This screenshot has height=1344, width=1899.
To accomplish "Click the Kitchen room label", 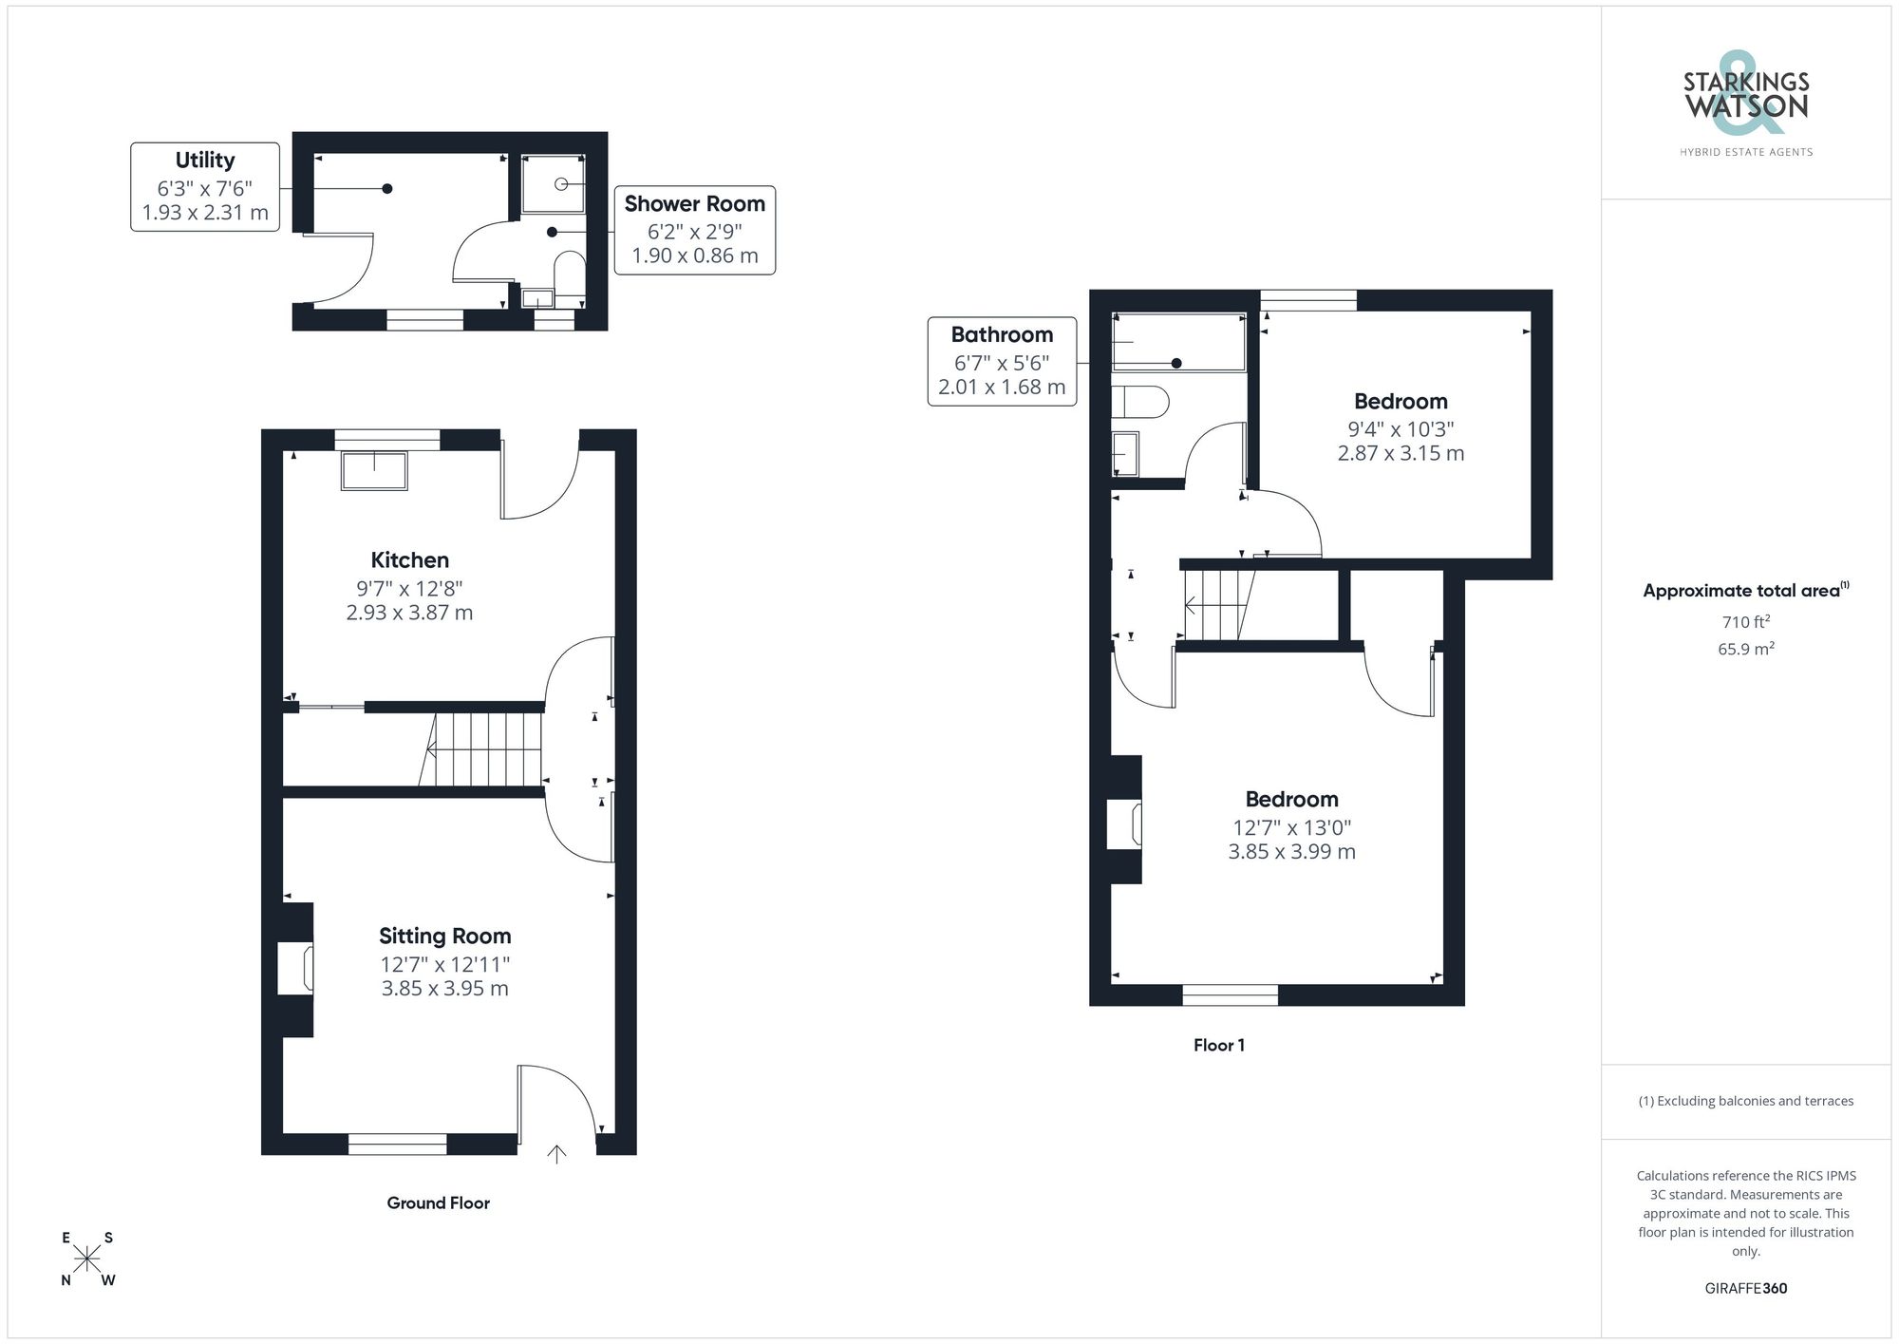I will [x=409, y=559].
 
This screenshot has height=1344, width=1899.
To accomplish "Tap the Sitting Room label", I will [x=444, y=936].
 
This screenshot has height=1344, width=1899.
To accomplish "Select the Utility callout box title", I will [x=204, y=160].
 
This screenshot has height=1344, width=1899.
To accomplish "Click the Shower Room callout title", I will [x=694, y=203].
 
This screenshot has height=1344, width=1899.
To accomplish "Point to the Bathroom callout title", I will [x=1002, y=334].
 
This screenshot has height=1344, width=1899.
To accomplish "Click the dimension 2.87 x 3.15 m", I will [x=1401, y=453].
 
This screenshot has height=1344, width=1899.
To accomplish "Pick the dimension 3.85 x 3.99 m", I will [x=1291, y=852].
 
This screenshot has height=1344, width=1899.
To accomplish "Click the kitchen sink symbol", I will [x=374, y=471].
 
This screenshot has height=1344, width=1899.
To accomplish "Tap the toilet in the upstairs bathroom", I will [x=1139, y=401].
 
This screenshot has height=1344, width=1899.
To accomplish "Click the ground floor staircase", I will [x=480, y=749].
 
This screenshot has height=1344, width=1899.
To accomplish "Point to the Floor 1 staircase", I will [x=1220, y=605].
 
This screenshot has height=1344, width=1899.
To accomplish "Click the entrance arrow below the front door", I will [x=556, y=1154].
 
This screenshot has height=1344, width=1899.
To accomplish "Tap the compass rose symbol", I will [x=87, y=1259].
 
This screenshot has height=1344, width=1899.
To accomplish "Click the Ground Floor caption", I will [x=438, y=1202].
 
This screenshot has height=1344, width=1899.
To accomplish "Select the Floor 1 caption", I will [x=1218, y=1045].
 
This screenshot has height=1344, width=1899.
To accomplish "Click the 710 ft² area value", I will [x=1745, y=622].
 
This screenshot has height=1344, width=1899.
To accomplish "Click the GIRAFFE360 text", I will [x=1745, y=1288].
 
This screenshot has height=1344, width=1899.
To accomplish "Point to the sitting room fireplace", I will [x=294, y=968].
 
